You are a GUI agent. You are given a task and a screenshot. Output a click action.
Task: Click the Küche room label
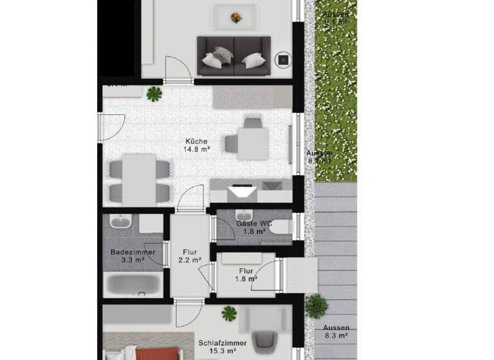tap(196, 141)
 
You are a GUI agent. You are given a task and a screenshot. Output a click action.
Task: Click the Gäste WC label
tap(254, 224)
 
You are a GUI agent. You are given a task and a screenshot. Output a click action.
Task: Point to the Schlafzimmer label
tap(221, 343)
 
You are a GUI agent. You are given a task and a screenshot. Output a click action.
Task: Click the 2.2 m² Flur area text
tap(190, 261)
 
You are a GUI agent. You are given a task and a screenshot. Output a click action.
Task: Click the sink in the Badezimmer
tap(120, 222)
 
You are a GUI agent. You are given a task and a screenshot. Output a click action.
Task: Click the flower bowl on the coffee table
tap(236, 17)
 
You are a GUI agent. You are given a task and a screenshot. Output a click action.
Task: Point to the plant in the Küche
tap(154, 94)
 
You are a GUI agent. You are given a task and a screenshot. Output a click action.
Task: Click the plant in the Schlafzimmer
tap(229, 314)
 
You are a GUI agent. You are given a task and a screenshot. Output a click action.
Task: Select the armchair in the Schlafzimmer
tap(264, 339)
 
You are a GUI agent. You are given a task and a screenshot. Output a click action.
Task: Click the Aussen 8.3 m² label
tap(336, 331)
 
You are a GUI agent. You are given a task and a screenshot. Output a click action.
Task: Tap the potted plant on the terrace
tap(315, 306)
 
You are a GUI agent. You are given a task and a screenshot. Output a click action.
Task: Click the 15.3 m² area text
tap(221, 352)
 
